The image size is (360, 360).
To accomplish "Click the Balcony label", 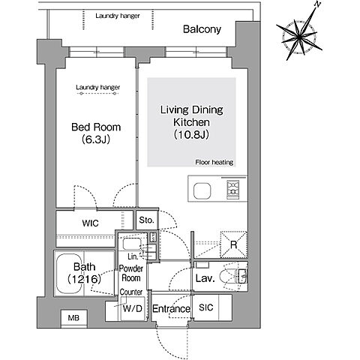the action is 202,29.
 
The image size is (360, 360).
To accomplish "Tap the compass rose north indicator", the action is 317,4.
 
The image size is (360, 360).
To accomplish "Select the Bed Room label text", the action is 96,127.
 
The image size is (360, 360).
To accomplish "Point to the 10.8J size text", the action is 191,135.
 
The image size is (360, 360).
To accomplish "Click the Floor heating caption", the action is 214,162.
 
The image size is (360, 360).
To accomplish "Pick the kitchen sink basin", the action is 202,191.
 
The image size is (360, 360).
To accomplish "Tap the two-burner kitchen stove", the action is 232,189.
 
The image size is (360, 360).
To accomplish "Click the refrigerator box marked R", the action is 233,244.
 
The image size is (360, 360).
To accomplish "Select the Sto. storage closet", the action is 147,220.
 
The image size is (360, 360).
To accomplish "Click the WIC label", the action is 90,223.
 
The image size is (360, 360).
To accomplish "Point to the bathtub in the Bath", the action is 70,274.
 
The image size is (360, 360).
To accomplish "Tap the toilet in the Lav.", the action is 229,277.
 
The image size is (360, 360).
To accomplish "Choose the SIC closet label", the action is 206,307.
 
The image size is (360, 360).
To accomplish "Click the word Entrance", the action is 171,309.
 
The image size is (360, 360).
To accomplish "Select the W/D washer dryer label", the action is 133,309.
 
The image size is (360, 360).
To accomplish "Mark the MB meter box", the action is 74,318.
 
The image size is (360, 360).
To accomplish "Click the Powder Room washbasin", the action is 132,244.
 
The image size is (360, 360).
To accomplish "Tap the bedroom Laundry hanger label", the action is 97,88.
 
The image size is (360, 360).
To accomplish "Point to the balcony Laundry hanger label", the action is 118,16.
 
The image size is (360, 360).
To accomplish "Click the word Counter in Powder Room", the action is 131,292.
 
